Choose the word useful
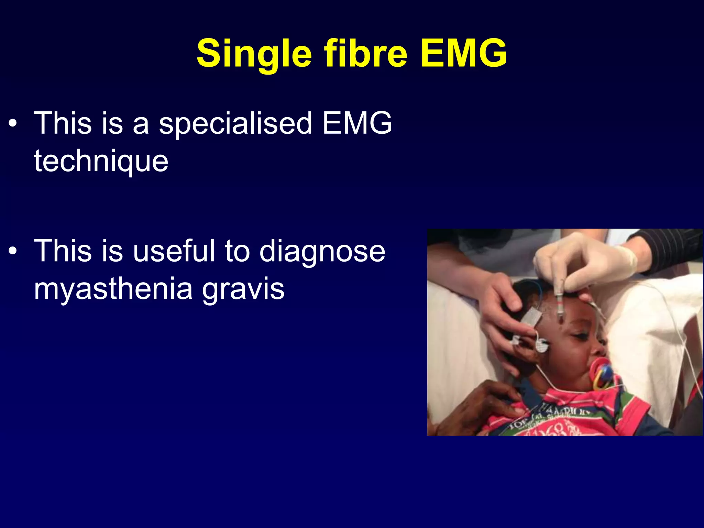174,251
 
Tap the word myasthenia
113,289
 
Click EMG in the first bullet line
357,123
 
